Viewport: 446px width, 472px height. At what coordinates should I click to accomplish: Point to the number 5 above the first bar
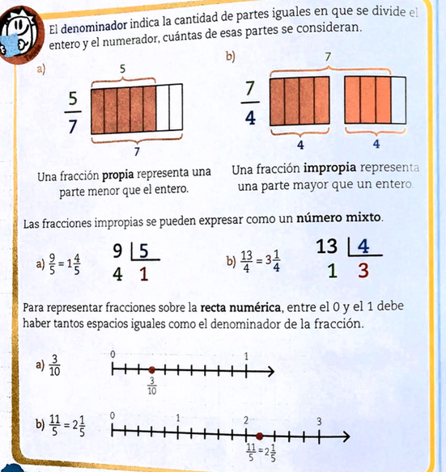[122, 70]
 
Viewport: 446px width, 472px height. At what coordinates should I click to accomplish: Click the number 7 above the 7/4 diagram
[327, 57]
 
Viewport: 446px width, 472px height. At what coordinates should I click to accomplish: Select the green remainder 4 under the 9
[117, 274]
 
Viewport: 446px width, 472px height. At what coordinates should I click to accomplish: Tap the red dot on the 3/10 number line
[151, 371]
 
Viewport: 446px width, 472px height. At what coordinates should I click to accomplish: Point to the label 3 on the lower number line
[319, 422]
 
